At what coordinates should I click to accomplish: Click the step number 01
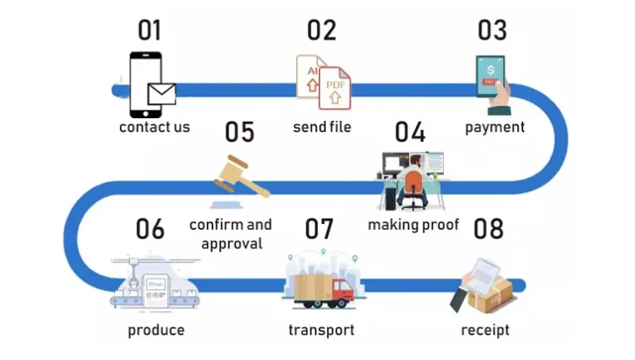150,30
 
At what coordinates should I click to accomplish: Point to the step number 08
489,228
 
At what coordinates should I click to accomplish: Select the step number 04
409,132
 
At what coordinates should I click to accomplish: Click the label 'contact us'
155,128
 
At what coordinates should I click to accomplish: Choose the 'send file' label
322,128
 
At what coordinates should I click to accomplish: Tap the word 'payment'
495,128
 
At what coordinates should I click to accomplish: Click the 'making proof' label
413,225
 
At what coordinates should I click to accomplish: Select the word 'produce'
156,330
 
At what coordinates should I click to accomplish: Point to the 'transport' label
321,330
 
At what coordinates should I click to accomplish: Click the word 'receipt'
485,330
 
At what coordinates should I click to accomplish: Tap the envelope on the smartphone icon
161,94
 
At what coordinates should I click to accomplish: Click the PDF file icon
335,88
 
